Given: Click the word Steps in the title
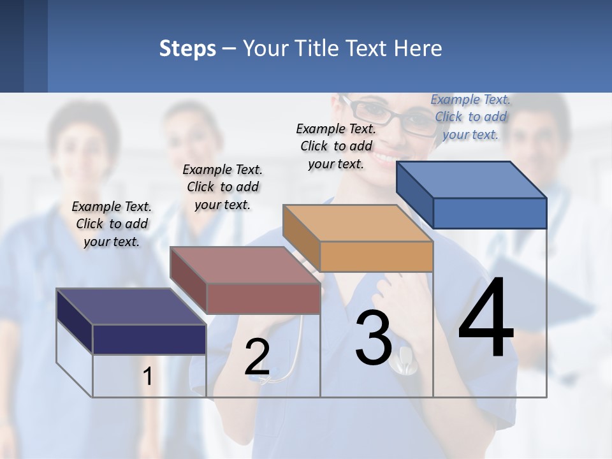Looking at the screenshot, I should coord(187,48).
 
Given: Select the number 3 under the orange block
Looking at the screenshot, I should coord(374,338).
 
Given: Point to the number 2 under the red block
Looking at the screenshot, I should coord(257,357).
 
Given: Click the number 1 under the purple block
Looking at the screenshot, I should coord(148,377).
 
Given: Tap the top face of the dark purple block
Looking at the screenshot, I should coord(131,307).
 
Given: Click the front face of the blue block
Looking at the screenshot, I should coord(490,213).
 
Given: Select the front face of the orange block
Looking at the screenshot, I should coord(376,256).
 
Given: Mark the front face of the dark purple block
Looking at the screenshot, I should coord(149,339).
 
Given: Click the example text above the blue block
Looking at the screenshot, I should coord(470,117).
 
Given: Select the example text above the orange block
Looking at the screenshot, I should coord(336,146).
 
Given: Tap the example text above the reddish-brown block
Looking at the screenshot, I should coord(222,187).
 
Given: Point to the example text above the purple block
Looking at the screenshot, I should coord(112,224).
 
